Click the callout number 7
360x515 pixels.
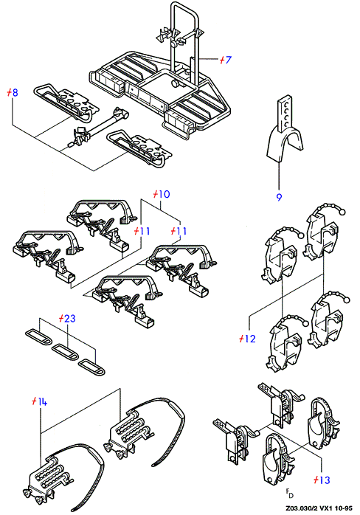click(x=228, y=60)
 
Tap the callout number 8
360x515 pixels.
click(x=15, y=93)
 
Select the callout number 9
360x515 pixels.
click(x=279, y=197)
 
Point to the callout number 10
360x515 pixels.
click(x=164, y=194)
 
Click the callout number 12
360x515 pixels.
click(x=250, y=339)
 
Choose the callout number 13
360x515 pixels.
click(x=325, y=480)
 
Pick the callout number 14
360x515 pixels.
click(x=42, y=401)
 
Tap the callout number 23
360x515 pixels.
click(x=69, y=318)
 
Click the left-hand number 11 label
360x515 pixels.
click(x=145, y=231)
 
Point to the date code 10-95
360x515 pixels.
click(x=344, y=508)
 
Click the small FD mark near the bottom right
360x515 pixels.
click(x=289, y=493)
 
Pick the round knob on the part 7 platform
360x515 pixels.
click(x=174, y=83)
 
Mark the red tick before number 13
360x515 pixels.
click(x=316, y=480)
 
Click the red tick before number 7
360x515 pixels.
click(x=222, y=60)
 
